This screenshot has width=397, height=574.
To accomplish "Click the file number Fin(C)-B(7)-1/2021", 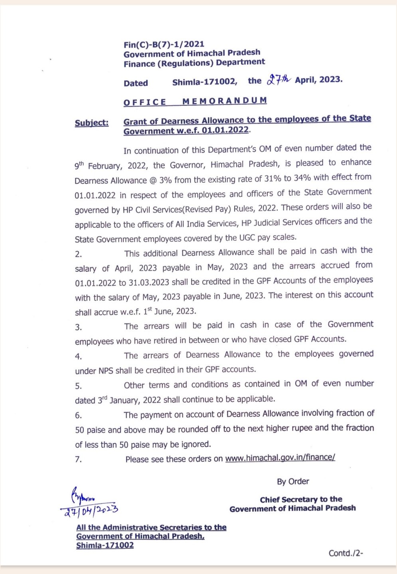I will [x=164, y=44].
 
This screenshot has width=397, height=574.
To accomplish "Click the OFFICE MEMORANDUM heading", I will [x=195, y=101].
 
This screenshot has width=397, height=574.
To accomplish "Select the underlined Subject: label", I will [x=91, y=123].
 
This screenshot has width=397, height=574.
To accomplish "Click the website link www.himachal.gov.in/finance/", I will [x=280, y=458].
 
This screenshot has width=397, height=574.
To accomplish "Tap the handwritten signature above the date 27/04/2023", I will [x=83, y=497].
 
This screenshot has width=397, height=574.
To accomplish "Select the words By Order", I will [x=293, y=481].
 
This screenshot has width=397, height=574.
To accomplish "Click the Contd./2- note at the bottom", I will [x=346, y=553].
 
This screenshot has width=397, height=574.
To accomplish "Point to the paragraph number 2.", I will [x=78, y=254].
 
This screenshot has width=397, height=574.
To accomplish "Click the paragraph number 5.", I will [x=78, y=386].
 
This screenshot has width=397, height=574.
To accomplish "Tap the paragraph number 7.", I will [x=78, y=459].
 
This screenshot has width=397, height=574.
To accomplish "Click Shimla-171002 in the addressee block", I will [x=105, y=545].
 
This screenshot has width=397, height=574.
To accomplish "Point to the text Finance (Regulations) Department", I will [x=194, y=63].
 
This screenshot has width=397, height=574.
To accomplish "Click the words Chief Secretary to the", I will [x=301, y=499].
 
